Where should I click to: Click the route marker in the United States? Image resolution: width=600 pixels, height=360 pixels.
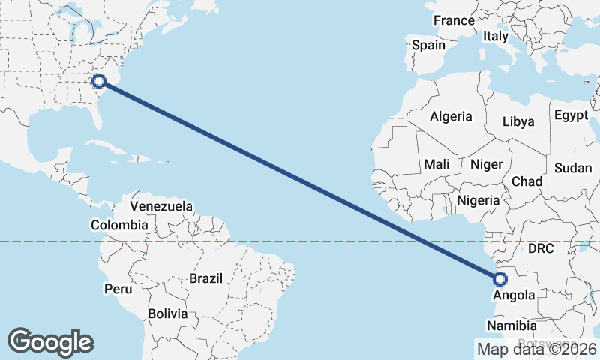click(x=98, y=81)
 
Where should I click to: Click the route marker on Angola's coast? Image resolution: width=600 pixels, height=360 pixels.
click(x=501, y=280)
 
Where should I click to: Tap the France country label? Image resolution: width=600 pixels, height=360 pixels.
click(x=454, y=20)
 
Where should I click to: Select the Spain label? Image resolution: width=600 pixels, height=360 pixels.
click(x=428, y=45)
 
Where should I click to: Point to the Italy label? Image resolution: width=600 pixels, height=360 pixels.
click(x=495, y=36)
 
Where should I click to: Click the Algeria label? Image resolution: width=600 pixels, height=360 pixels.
click(x=451, y=116)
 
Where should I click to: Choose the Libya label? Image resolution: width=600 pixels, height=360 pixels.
click(x=518, y=121)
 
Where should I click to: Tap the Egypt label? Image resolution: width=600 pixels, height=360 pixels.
click(x=571, y=115)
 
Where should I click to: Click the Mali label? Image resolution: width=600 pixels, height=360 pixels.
click(x=436, y=163)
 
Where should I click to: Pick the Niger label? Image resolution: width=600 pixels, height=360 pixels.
click(x=485, y=163)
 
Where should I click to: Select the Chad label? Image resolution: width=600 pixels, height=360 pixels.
click(x=526, y=181)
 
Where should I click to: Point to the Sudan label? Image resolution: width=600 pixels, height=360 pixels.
click(x=573, y=168)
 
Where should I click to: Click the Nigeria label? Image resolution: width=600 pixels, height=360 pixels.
click(x=478, y=200)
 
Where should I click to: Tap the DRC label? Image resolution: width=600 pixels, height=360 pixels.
click(x=540, y=248)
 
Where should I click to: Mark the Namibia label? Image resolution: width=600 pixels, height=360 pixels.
click(x=511, y=325)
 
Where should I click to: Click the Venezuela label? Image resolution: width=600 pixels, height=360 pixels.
click(x=161, y=206)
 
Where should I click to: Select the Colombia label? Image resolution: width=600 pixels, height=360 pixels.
click(x=119, y=225)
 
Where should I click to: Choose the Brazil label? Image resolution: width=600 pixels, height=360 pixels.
click(x=206, y=278)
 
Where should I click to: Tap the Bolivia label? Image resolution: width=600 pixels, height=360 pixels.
click(x=166, y=313)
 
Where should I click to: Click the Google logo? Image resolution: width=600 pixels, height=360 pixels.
click(x=50, y=342)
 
